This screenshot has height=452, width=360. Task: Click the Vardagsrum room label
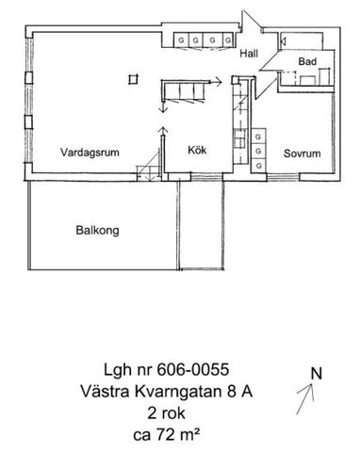[87, 152]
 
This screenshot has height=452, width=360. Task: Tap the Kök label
[196, 149]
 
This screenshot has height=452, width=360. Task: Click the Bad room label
[306, 62]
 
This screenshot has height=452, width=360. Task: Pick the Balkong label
[96, 229]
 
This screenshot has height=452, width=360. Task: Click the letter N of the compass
[318, 372]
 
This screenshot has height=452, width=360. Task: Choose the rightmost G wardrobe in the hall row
[225, 40]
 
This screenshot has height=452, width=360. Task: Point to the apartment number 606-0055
[195, 370]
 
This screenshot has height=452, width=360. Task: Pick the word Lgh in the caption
[118, 370]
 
